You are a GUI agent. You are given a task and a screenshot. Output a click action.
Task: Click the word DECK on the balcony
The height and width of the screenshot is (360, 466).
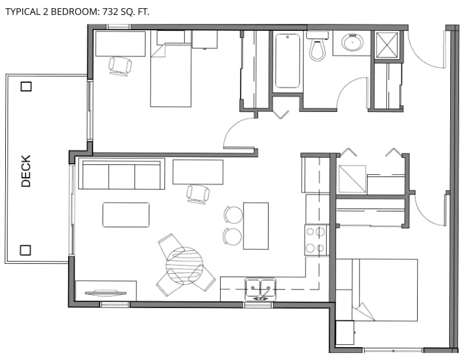(26, 171)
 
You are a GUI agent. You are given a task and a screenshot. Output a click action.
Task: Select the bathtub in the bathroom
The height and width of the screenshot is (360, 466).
(287, 61)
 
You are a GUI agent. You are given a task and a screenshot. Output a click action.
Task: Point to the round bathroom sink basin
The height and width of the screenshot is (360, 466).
(352, 42)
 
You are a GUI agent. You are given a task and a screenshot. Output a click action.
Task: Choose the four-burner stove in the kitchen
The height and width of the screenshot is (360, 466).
(316, 240)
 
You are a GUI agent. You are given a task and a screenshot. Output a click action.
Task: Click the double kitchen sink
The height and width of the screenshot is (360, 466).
(260, 288)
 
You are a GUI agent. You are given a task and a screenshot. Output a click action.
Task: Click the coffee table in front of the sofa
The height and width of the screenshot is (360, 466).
(126, 214)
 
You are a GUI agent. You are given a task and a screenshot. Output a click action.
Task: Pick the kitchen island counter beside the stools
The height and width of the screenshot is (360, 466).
(256, 226)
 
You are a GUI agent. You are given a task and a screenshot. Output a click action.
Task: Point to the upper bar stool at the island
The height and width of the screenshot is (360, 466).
(234, 214)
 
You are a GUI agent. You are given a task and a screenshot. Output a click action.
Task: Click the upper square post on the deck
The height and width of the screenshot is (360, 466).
(26, 87)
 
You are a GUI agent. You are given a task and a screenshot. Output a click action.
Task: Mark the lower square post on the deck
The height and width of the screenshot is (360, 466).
(25, 250)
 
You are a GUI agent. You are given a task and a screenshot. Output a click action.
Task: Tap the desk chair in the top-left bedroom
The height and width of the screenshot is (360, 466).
(120, 66)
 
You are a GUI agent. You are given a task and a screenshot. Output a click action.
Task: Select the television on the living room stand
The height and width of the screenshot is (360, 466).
(105, 293)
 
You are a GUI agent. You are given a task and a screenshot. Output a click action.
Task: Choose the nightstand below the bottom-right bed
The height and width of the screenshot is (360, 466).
(345, 333)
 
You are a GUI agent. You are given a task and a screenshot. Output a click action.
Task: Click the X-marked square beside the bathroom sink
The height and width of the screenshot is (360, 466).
(387, 44)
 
